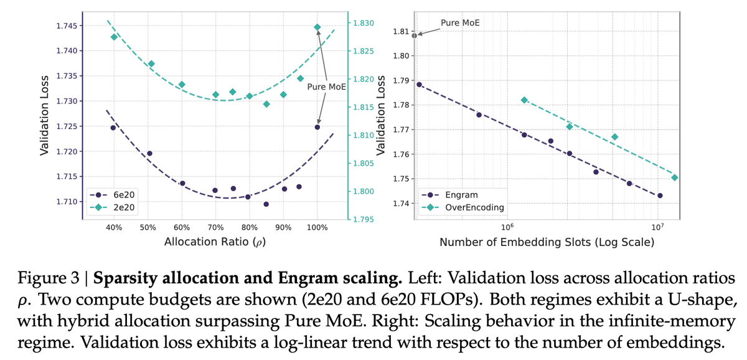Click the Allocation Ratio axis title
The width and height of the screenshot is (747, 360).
pyautogui.click(x=215, y=242)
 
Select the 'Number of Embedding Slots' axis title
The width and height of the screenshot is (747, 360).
pyautogui.click(x=547, y=242)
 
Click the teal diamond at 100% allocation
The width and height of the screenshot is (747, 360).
pyautogui.click(x=317, y=27)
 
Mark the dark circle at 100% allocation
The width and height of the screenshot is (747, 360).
pyautogui.click(x=317, y=127)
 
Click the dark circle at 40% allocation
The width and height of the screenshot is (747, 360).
pyautogui.click(x=113, y=128)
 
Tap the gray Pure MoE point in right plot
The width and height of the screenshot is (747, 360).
pyautogui.click(x=415, y=36)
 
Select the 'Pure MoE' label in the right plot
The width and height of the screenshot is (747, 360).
pyautogui.click(x=461, y=23)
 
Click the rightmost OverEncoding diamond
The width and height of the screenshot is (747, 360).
pyautogui.click(x=674, y=178)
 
